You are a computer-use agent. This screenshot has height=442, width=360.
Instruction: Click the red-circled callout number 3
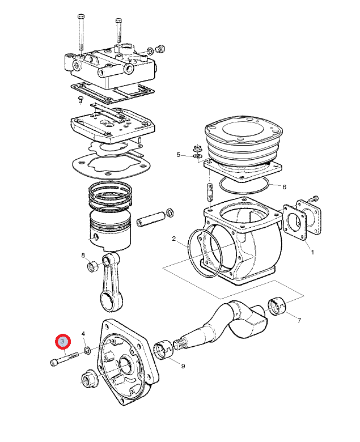tap(62, 342)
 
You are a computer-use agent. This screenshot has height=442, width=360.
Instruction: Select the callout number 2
tap(175, 239)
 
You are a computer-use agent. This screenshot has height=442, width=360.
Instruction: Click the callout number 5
tap(178, 155)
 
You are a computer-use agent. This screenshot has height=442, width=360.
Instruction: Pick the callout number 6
tap(284, 186)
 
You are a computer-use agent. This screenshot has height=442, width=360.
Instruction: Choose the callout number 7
tap(299, 320)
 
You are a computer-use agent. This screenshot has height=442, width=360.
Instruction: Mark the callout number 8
tap(83, 255)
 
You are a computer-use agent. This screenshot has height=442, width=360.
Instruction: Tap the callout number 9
tap(183, 366)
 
